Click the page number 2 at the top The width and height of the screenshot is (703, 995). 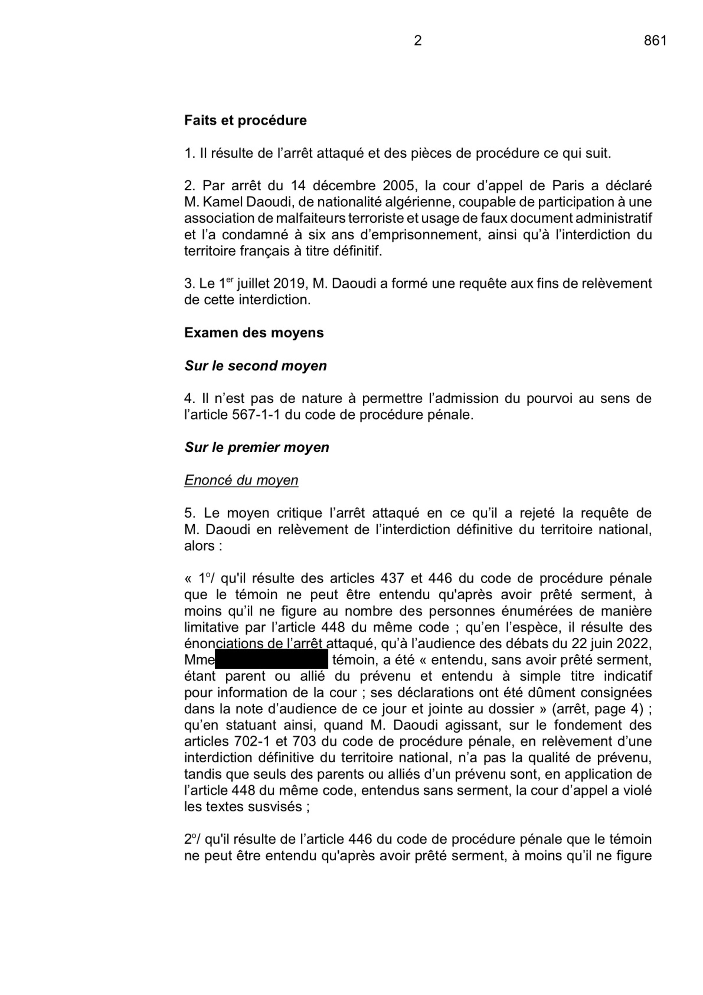click(417, 41)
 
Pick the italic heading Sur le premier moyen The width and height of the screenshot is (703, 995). click(257, 447)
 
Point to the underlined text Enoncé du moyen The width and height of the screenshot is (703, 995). click(241, 480)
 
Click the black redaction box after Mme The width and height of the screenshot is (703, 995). click(271, 659)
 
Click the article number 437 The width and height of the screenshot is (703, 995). click(392, 578)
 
